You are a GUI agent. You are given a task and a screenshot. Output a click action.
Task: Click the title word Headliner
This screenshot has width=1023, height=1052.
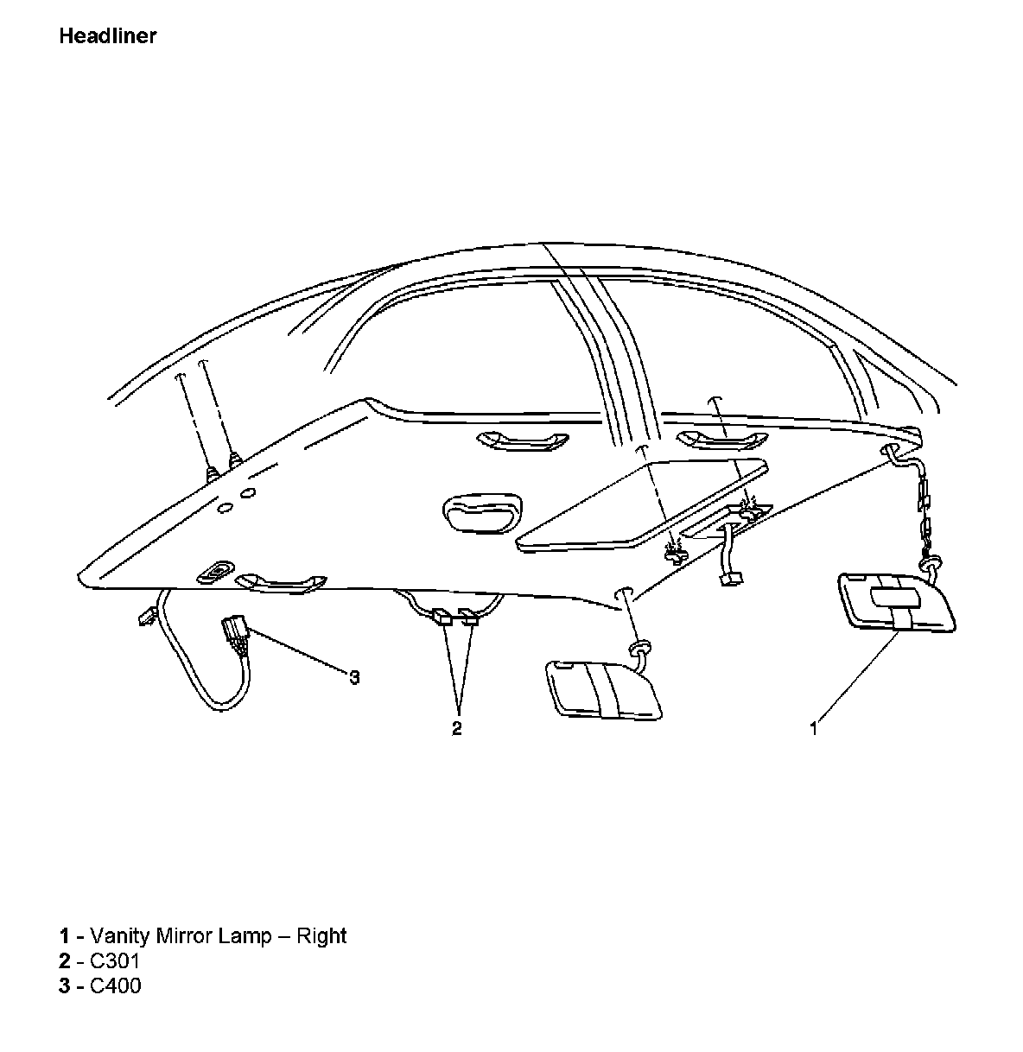point(108,36)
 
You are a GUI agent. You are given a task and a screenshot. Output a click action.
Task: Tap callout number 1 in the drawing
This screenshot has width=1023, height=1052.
point(813,729)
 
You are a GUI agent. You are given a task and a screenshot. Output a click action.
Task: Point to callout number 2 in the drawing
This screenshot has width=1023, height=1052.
point(457,728)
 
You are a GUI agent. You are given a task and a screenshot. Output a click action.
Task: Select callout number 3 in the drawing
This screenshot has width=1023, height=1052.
point(354,677)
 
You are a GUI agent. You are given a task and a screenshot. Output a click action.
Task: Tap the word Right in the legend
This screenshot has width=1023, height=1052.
point(321,935)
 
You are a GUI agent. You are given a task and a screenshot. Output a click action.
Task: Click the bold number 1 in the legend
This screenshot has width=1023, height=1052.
point(64,935)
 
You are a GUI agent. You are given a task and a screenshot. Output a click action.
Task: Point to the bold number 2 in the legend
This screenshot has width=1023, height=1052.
point(64,960)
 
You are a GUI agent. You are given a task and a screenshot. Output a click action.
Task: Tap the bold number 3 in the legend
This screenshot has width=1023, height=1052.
point(64,985)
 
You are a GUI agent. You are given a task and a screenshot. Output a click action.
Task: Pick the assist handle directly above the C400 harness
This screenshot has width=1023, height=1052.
point(282,583)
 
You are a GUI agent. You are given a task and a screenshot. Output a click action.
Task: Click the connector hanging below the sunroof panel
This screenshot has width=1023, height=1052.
point(731,580)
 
